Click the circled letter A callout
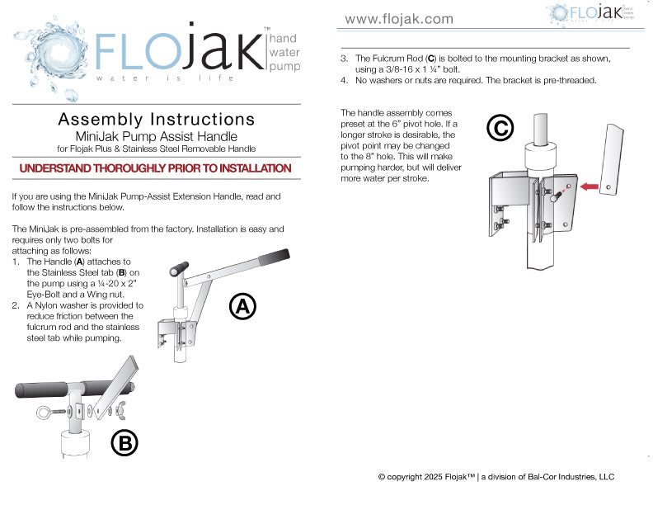click(x=242, y=306)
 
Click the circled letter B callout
click(x=124, y=443)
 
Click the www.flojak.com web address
click(x=398, y=19)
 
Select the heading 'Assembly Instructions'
click(x=156, y=120)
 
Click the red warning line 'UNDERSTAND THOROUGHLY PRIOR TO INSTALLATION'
click(x=155, y=168)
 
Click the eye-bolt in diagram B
click(x=48, y=413)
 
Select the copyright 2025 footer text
click(x=496, y=477)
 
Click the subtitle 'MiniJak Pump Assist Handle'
click(x=156, y=136)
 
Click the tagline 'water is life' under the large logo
click(x=165, y=78)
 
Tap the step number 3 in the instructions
click(x=345, y=59)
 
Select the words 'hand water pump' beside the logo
click(x=284, y=52)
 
